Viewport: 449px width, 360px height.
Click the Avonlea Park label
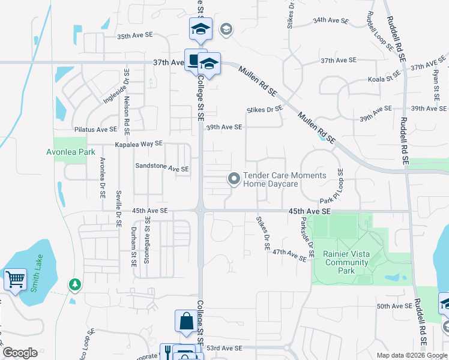click(x=71, y=152)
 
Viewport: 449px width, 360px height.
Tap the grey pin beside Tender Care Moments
click(x=234, y=178)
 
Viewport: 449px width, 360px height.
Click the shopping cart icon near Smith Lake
click(x=15, y=278)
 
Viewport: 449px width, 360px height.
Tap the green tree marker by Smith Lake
click(x=74, y=283)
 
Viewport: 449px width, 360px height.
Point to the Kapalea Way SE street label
click(x=139, y=144)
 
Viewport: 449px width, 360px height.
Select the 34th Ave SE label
click(x=331, y=20)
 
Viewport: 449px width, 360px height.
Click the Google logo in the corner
click(x=20, y=353)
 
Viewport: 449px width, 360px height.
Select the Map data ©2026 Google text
click(x=412, y=355)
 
